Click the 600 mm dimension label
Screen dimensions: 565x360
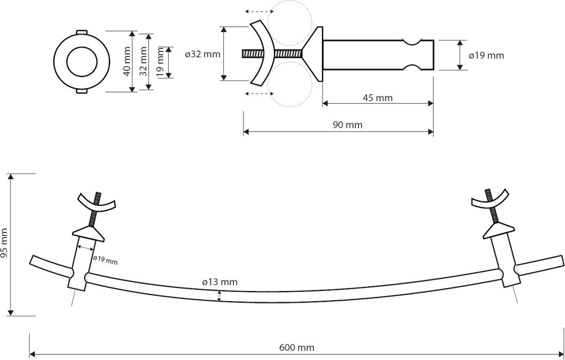297,348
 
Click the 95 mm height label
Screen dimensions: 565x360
4,243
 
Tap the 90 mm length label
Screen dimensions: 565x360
347,125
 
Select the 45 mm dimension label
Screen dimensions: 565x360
377,98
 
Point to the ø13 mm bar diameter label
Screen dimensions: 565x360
220,282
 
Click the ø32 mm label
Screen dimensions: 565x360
203,54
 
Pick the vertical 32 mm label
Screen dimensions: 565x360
143,61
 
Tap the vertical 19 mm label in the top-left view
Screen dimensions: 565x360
160,62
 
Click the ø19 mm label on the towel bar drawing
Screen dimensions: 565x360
105,260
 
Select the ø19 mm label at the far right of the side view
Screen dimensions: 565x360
487,55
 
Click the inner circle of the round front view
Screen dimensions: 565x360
82,47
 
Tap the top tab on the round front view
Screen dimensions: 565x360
82,32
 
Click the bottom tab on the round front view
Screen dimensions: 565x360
82,91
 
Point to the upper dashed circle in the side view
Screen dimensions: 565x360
290,0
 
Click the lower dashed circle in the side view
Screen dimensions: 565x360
290,107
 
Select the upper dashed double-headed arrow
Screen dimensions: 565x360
259,11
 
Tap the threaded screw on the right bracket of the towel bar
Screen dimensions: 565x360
491,205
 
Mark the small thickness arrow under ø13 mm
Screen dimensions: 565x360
219,296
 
